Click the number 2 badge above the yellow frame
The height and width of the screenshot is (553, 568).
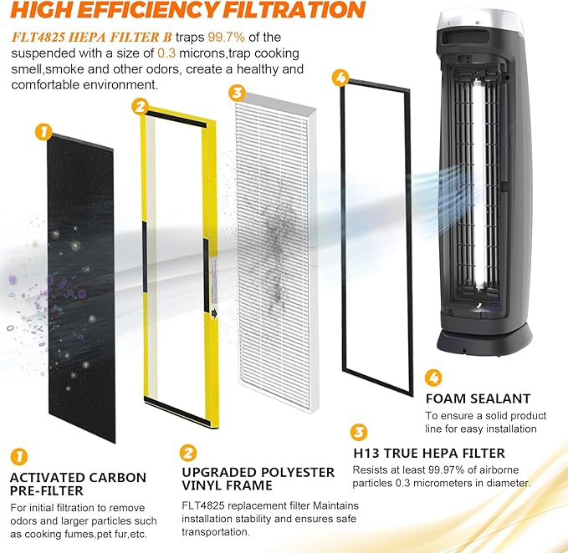coord(141,106)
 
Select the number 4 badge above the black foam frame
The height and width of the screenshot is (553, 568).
coord(339,77)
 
